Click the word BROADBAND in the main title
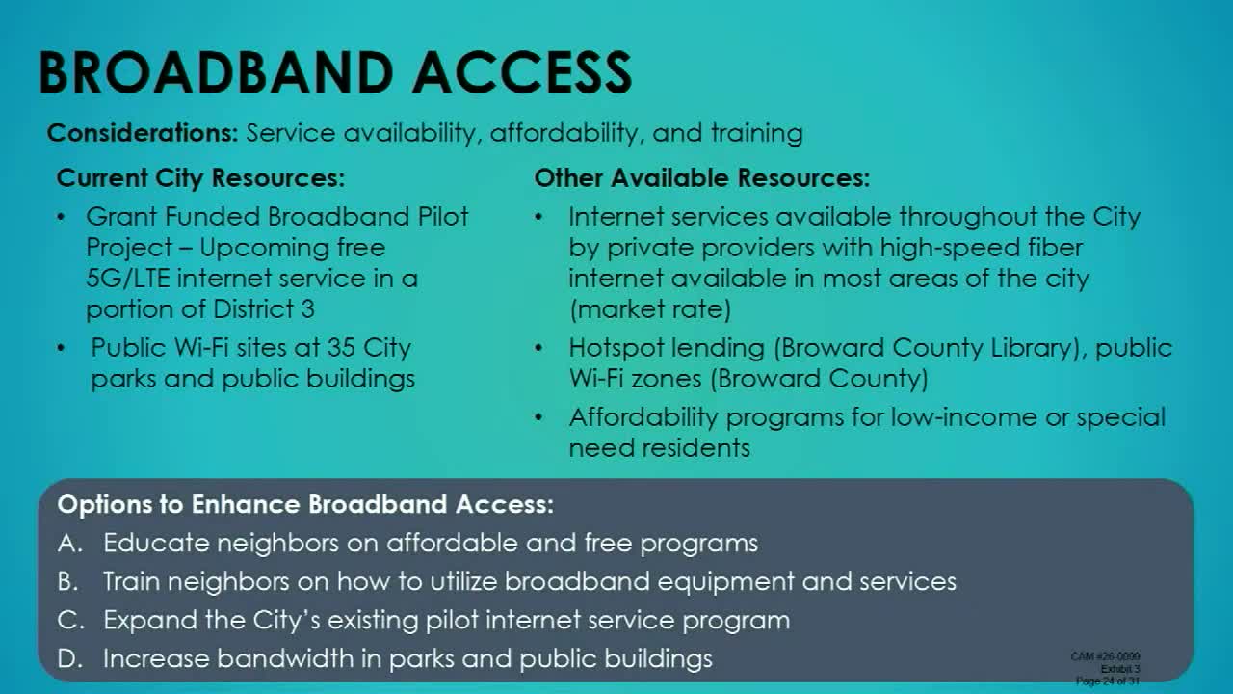217,72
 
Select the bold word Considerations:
143,133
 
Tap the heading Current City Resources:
200,178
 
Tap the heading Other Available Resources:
701,178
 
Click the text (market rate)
649,309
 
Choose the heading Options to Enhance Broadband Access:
305,504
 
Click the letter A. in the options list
70,543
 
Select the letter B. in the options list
70,581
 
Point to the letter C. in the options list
70,620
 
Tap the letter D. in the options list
70,658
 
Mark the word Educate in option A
156,543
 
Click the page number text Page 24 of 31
1108,681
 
